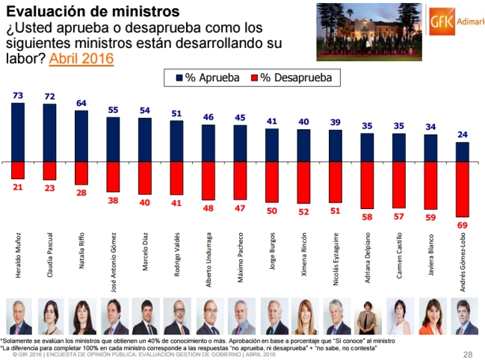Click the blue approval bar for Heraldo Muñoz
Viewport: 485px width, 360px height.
[18, 132]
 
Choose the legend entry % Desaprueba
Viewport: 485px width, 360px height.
[291, 76]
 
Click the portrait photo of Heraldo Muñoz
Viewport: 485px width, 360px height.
[18, 317]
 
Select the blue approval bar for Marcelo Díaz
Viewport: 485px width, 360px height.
[146, 140]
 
